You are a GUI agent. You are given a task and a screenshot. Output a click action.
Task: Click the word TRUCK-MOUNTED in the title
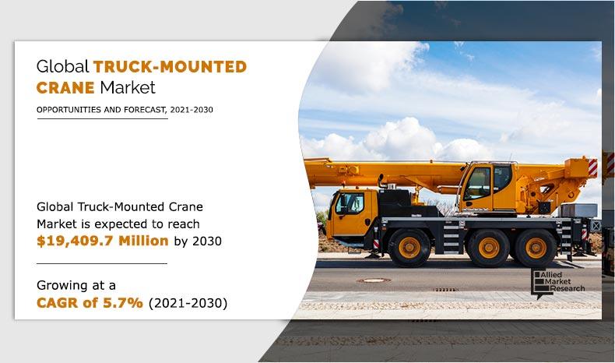(x=170, y=66)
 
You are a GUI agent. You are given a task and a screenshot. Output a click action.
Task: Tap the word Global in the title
(x=63, y=66)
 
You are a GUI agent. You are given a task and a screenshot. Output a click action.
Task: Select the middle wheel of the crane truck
(x=489, y=247)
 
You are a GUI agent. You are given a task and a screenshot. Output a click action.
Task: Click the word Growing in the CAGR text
(x=64, y=285)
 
